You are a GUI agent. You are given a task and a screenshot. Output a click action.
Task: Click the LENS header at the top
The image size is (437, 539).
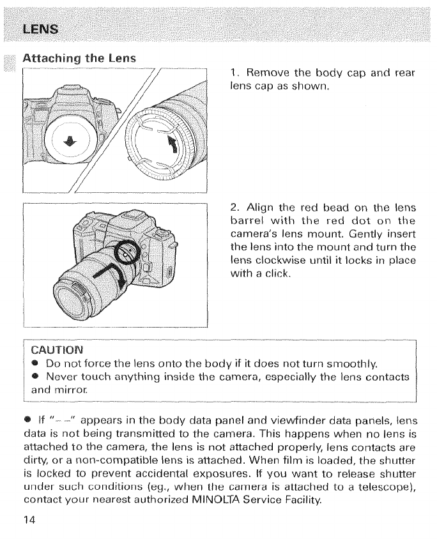[x=40, y=28]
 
